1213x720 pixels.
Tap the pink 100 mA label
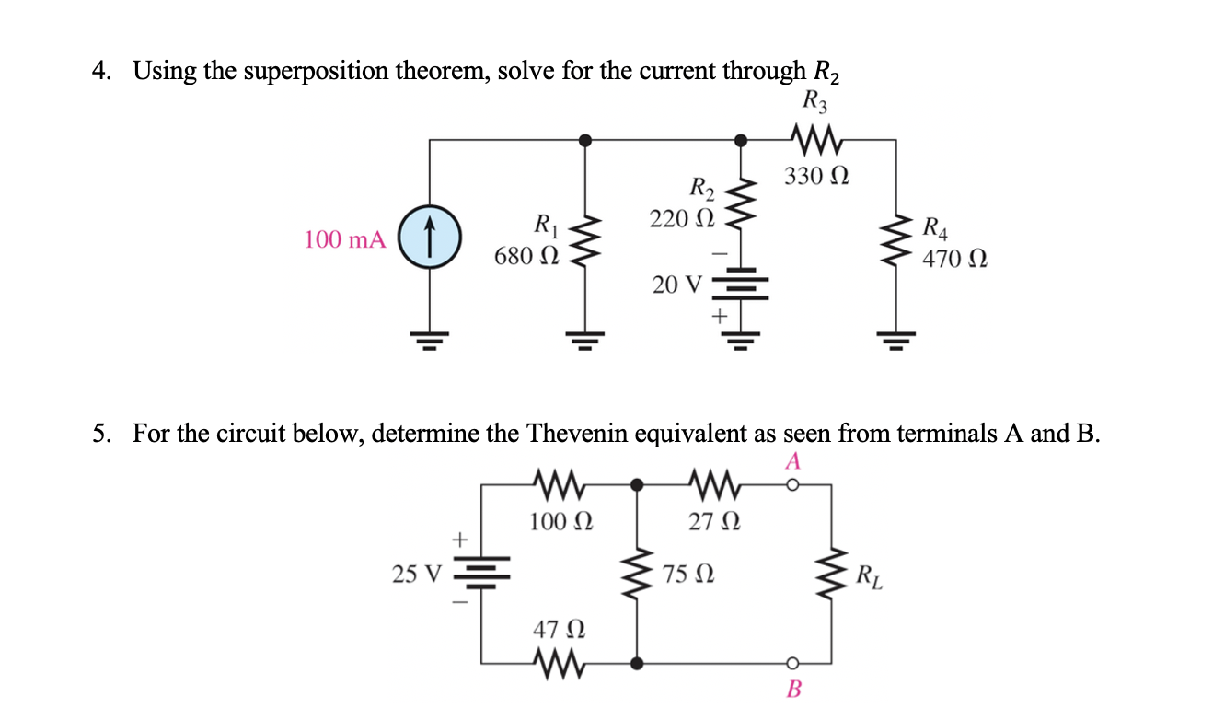(x=344, y=240)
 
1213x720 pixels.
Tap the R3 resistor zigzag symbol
(x=815, y=140)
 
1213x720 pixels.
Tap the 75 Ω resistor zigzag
(x=637, y=574)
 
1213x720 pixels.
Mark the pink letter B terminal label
(x=793, y=689)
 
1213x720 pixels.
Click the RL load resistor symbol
(x=834, y=574)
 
